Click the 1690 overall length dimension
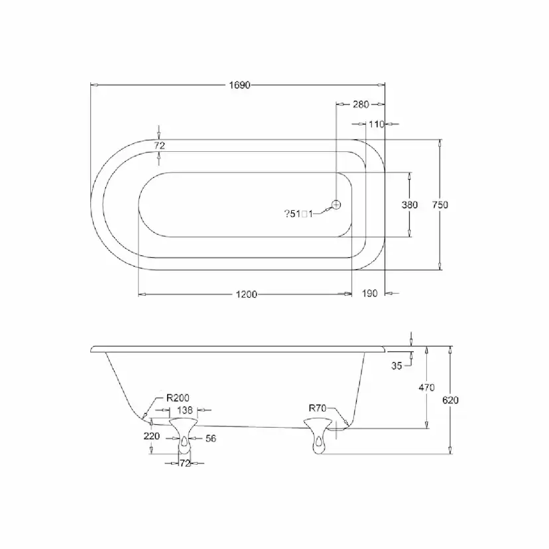click(239, 85)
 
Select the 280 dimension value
click(361, 104)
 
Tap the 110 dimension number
click(377, 124)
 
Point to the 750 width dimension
click(440, 204)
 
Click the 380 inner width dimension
click(410, 204)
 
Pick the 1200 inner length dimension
click(247, 294)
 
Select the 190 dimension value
click(369, 293)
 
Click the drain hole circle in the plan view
click(336, 204)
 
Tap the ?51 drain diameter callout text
click(298, 213)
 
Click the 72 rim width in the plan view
click(159, 145)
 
